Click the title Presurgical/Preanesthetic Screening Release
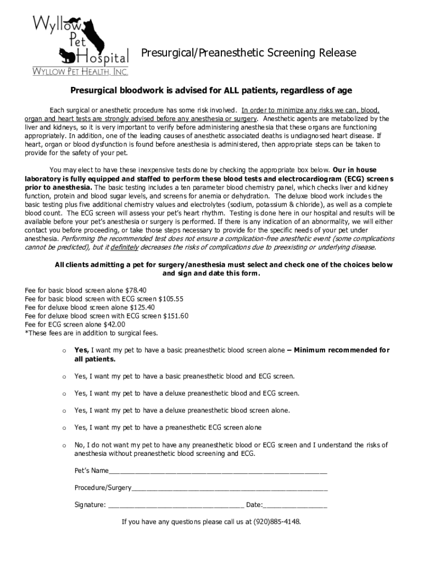249,53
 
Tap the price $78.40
136,290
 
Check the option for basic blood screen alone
64,351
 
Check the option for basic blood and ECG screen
64,377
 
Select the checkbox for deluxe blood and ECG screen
64,394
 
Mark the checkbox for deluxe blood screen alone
64,411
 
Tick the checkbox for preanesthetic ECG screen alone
64,428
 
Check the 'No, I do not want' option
64,445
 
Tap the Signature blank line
176,505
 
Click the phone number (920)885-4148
277,522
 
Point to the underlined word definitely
141,247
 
